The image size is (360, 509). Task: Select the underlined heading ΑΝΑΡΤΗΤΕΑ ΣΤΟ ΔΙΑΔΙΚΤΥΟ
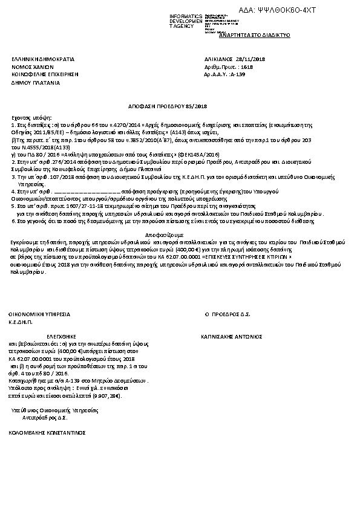255,35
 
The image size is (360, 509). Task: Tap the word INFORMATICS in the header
186,15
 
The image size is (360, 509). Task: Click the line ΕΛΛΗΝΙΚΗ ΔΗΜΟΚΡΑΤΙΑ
43,59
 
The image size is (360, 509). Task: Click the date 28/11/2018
253,59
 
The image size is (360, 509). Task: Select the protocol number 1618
246,67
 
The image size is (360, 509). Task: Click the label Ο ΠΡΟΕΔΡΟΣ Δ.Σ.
228,315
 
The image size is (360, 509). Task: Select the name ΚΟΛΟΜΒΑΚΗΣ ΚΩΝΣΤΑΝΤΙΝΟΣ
47,433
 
